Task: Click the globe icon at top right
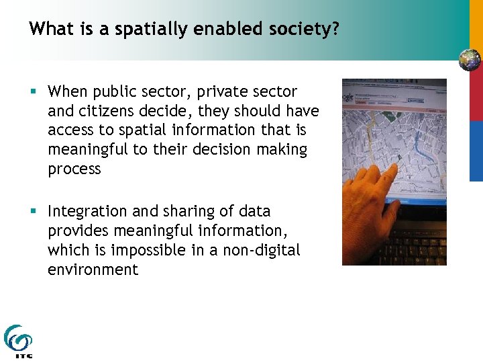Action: click(470, 60)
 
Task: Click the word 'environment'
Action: click(93, 270)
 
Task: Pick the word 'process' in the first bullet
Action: click(74, 169)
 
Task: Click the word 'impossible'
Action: click(144, 250)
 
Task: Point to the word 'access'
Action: click(68, 130)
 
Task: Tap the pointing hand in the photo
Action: click(376, 202)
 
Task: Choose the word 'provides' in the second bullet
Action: click(76, 231)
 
